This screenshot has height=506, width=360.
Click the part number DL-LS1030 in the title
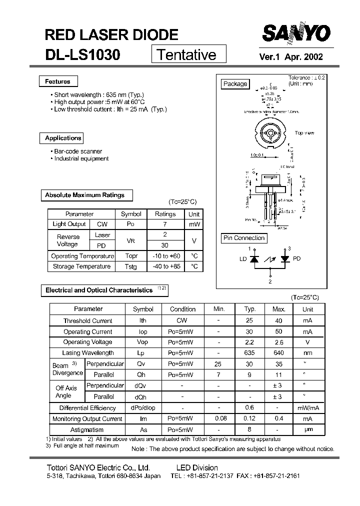82,54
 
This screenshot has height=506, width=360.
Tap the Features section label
57,81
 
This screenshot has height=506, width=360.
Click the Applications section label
62,138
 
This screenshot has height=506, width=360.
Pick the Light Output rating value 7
165,224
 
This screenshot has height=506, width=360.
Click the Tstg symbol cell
131,267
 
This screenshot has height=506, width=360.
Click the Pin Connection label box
243,238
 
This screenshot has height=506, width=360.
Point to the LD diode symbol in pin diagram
253,259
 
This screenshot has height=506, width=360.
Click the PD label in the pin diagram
296,259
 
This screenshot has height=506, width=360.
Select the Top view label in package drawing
304,132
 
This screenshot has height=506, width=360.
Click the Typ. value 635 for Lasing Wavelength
249,353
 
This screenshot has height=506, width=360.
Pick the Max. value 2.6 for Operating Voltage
278,342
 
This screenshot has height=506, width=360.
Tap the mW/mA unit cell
307,408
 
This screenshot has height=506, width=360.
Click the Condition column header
182,309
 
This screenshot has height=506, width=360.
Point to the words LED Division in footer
197,467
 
